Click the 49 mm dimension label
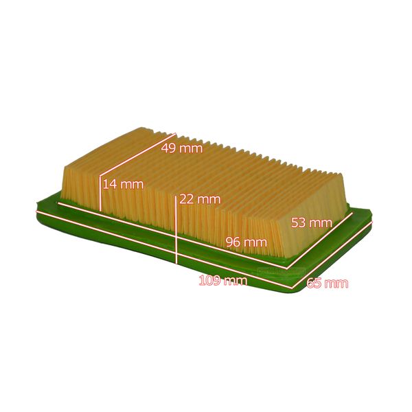point(182,148)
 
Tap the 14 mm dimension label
point(123,184)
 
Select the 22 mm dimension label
point(200,199)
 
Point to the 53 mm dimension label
point(311,222)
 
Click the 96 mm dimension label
point(247,242)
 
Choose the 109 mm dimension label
point(222,280)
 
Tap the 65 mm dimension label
point(328,283)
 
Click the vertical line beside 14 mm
point(100,194)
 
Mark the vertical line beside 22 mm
point(176,229)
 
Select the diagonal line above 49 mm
point(138,154)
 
